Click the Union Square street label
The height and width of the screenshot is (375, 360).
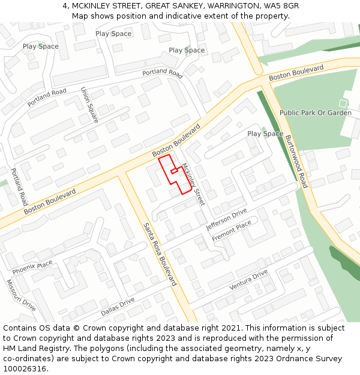point(89,105)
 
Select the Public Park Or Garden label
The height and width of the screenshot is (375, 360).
point(315,113)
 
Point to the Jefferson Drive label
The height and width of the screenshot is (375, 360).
point(226,220)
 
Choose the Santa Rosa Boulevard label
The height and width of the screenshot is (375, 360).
point(160,254)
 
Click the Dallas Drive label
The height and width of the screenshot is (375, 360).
point(118,306)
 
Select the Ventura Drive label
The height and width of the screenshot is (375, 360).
point(248,280)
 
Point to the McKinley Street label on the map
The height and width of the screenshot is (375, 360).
point(193,184)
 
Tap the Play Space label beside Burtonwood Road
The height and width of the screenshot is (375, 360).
point(265,134)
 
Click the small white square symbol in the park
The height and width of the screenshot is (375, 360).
point(343,103)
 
